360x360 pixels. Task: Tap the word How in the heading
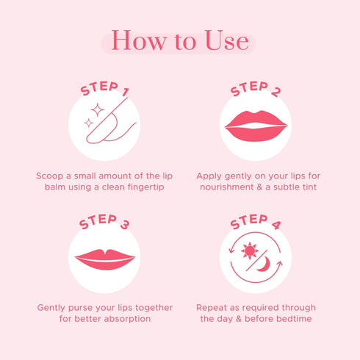139,40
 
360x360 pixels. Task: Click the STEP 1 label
104,88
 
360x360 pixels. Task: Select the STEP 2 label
256,89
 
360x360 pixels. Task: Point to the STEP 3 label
104,222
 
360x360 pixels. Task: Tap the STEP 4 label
256,222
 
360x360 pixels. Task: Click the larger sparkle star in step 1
98,109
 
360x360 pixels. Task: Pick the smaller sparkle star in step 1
89,123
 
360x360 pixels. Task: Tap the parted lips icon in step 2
256,126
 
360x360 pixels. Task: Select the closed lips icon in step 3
105,259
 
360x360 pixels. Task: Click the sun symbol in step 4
250,251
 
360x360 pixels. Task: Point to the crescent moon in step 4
264,264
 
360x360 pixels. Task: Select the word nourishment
227,187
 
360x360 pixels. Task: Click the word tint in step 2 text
309,187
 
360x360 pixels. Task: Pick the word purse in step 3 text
80,308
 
